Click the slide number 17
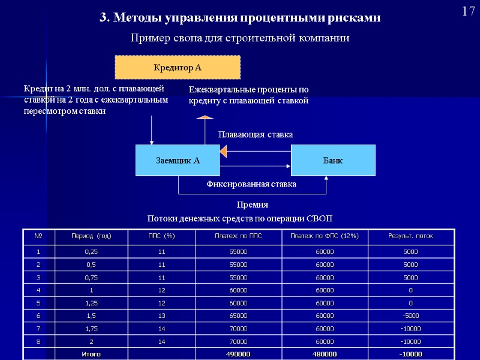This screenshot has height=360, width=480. coord(468,11)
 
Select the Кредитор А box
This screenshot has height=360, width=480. coord(178,68)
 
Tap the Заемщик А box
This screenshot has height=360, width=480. coord(178,160)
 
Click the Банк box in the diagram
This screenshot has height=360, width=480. coord(333,160)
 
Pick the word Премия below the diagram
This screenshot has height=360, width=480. coord(253,205)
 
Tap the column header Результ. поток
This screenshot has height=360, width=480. coord(411,236)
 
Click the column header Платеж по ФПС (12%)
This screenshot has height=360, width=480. coord(325,236)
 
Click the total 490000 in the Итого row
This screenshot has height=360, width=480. coord(238,354)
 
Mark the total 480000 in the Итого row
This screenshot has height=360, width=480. coord(325,354)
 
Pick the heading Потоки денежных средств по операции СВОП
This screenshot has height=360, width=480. coord(240,217)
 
